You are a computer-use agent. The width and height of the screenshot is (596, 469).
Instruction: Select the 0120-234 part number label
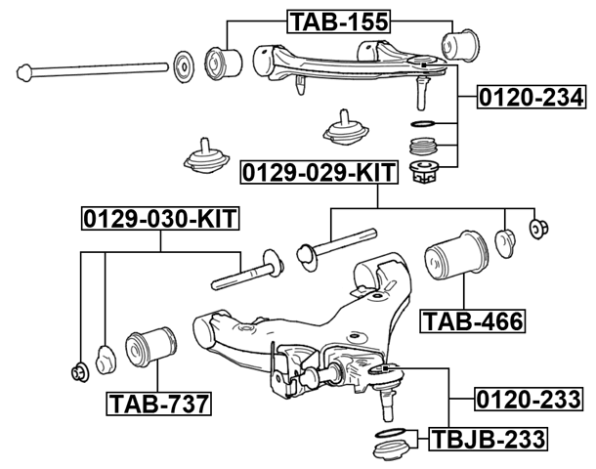(531, 98)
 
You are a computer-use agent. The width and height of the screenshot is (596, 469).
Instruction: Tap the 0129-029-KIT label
(319, 173)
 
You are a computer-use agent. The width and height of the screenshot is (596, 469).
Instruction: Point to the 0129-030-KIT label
(159, 217)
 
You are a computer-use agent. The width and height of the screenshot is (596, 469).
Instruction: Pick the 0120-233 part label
(529, 399)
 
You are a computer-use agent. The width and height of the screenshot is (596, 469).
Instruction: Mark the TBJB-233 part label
(485, 438)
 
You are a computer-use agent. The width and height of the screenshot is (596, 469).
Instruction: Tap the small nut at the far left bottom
(77, 371)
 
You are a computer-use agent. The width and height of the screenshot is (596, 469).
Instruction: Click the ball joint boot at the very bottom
(391, 453)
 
